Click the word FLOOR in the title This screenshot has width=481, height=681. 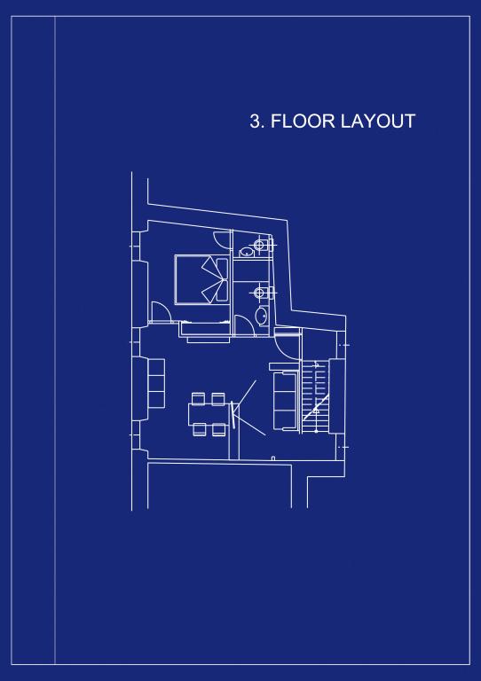pyautogui.click(x=303, y=121)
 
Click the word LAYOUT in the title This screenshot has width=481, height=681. pyautogui.click(x=378, y=121)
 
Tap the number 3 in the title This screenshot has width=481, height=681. pyautogui.click(x=256, y=121)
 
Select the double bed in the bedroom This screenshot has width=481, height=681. pyautogui.click(x=201, y=279)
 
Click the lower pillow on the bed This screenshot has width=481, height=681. pyautogui.click(x=222, y=291)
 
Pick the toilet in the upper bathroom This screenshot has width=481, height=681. pyautogui.click(x=262, y=246)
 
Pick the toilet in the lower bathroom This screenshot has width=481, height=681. pyautogui.click(x=262, y=293)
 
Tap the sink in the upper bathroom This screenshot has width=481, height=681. pyautogui.click(x=247, y=252)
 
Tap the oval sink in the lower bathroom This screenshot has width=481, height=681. pyautogui.click(x=262, y=316)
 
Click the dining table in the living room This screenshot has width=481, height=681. pyautogui.click(x=209, y=414)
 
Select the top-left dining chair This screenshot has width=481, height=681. pyautogui.click(x=198, y=398)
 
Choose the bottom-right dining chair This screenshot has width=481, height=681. pyautogui.click(x=219, y=430)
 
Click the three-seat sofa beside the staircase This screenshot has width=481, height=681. pyautogui.click(x=285, y=396)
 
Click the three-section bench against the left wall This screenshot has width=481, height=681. pyautogui.click(x=156, y=383)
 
